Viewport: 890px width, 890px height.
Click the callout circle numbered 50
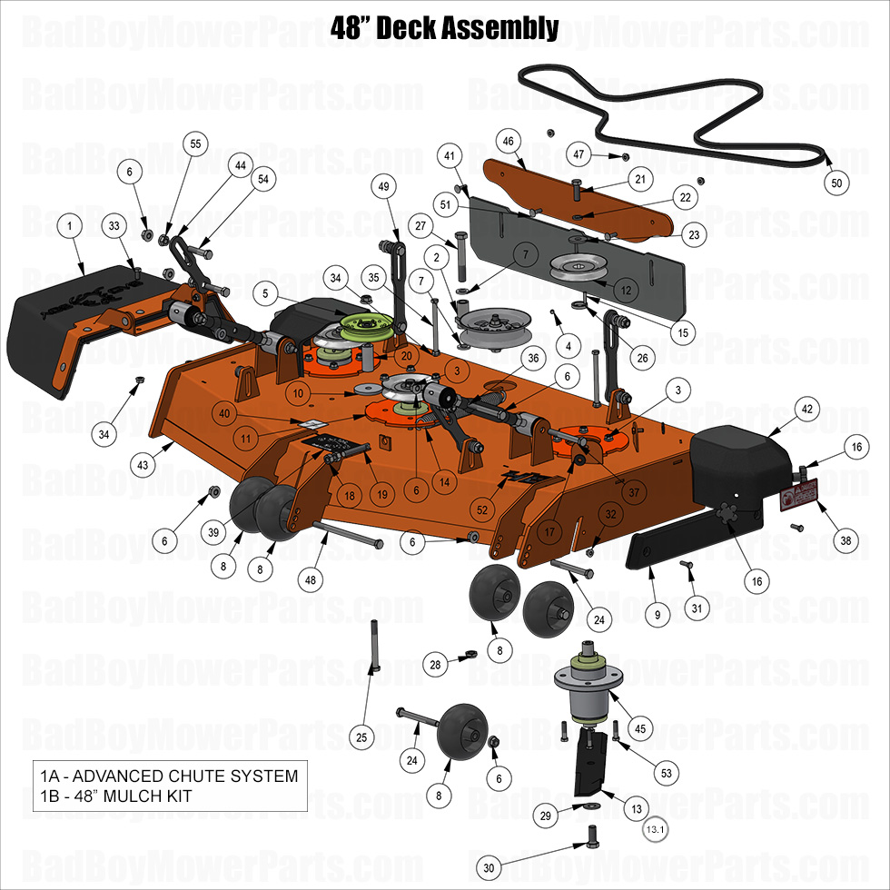[x=837, y=183]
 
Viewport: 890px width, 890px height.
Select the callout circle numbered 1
[x=69, y=224]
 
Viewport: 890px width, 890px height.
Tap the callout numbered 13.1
[x=655, y=829]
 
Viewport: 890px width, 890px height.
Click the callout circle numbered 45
[x=640, y=727]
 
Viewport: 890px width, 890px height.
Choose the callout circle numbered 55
[x=194, y=144]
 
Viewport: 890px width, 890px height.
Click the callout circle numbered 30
[x=489, y=868]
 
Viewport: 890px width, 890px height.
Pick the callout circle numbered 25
[x=361, y=737]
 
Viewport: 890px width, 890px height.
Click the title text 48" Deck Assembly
[x=444, y=27]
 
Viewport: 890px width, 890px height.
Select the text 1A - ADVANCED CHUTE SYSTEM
[x=169, y=776]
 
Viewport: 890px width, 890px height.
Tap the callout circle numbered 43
[x=143, y=464]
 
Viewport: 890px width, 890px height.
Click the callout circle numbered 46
[x=508, y=141]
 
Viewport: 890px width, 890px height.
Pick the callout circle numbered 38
[x=846, y=540]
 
